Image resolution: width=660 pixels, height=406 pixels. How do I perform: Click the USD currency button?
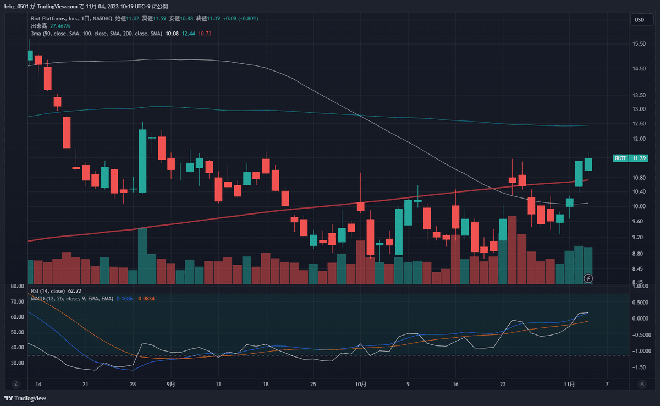coord(639,20)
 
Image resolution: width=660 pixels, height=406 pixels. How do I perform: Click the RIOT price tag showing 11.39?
coord(631,158)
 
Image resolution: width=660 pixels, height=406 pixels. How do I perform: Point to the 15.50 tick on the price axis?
coord(639,44)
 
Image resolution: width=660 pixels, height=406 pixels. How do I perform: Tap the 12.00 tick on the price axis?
coord(639,139)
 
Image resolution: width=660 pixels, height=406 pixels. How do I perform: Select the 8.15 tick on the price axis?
coord(638,281)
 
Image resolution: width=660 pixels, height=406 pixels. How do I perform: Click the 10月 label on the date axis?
coord(360,383)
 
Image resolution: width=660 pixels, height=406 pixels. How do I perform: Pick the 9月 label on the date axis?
coord(170,383)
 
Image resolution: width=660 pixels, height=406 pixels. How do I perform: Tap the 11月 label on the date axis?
coord(570,383)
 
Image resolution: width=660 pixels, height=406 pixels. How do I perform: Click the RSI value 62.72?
coord(74,291)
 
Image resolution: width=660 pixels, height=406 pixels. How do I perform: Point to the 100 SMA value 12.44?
coord(189,34)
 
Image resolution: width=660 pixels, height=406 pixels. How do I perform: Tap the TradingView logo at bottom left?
coord(25,398)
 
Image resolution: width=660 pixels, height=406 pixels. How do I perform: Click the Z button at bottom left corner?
coord(16,383)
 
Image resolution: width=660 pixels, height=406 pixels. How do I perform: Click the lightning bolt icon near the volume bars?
coord(588,278)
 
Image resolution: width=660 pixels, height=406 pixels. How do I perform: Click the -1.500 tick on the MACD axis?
coord(640,367)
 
